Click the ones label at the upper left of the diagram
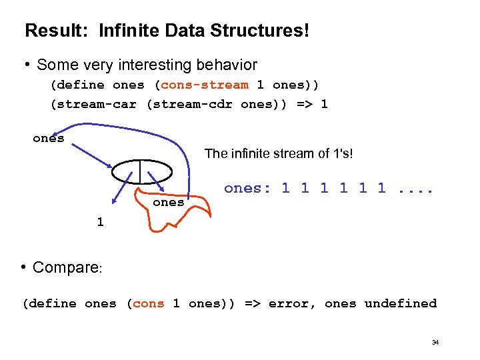click(49, 138)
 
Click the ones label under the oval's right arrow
click(169, 202)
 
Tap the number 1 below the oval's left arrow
click(100, 222)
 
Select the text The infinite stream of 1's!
click(279, 153)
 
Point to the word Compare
click(65, 267)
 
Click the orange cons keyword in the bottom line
click(148, 303)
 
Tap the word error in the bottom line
click(289, 303)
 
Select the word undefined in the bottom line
click(400, 303)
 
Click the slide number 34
click(435, 342)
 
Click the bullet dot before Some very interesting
click(28, 65)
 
